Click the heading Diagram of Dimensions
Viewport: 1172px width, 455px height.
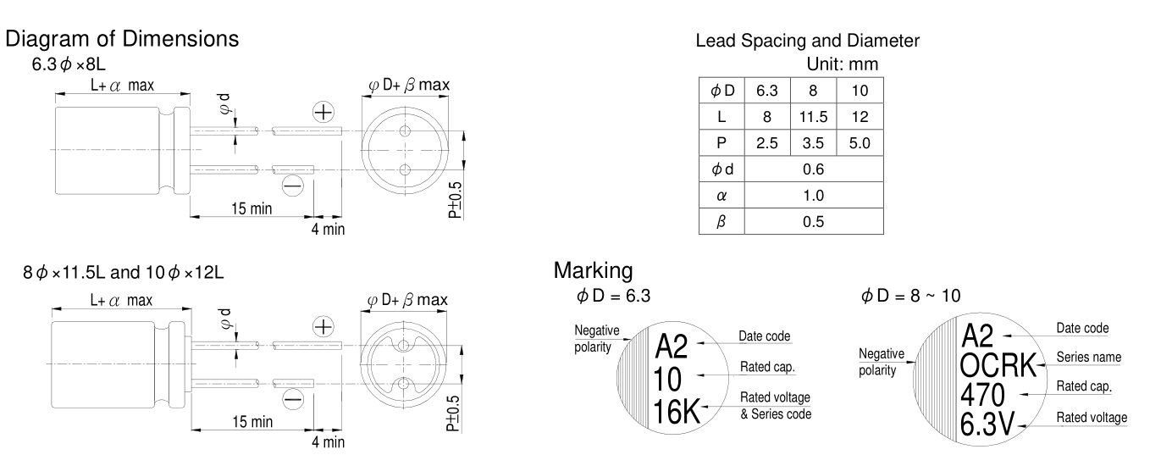[123, 39]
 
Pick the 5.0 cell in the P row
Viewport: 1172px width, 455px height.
[859, 144]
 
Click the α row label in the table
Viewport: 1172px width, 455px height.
[721, 195]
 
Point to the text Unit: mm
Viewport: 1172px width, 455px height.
[843, 64]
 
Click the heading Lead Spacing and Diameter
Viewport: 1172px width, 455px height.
[807, 41]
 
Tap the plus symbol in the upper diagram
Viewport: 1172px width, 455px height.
[323, 112]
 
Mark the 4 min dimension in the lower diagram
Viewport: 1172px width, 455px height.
[327, 441]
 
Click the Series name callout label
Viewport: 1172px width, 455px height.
[1088, 358]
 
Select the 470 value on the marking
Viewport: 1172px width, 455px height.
[983, 395]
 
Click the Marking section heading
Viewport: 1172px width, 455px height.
[593, 271]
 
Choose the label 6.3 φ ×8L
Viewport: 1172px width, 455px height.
[69, 64]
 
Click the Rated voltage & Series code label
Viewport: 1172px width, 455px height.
[775, 405]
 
